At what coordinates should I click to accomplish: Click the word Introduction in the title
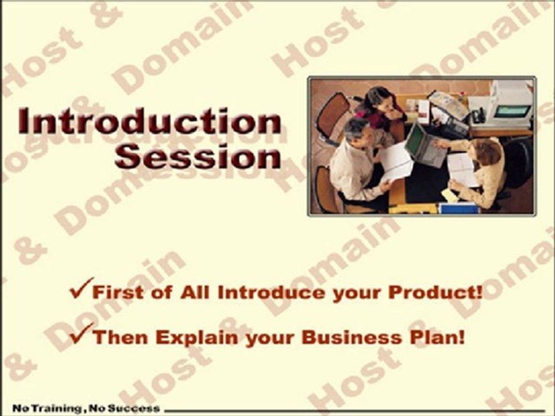(x=149, y=121)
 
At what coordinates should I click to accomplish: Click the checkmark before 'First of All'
(x=81, y=288)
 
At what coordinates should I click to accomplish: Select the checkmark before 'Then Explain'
(x=81, y=333)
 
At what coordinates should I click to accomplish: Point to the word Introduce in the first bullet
(x=271, y=292)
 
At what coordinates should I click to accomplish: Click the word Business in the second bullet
(x=352, y=337)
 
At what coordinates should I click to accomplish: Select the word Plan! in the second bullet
(x=437, y=337)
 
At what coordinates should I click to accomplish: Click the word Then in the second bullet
(x=120, y=337)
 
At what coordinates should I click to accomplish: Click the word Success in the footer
(x=134, y=408)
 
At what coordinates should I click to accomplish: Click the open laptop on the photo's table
(x=425, y=146)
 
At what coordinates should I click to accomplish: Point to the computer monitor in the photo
(x=512, y=104)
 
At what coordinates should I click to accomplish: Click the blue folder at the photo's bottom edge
(x=458, y=209)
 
